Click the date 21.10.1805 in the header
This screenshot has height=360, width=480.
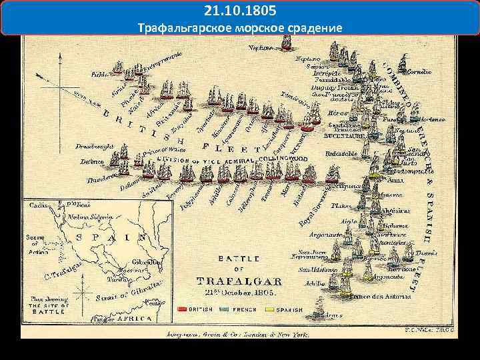tap(239, 12)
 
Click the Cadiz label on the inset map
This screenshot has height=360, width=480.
tap(36, 205)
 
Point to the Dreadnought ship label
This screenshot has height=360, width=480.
tap(76, 146)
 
